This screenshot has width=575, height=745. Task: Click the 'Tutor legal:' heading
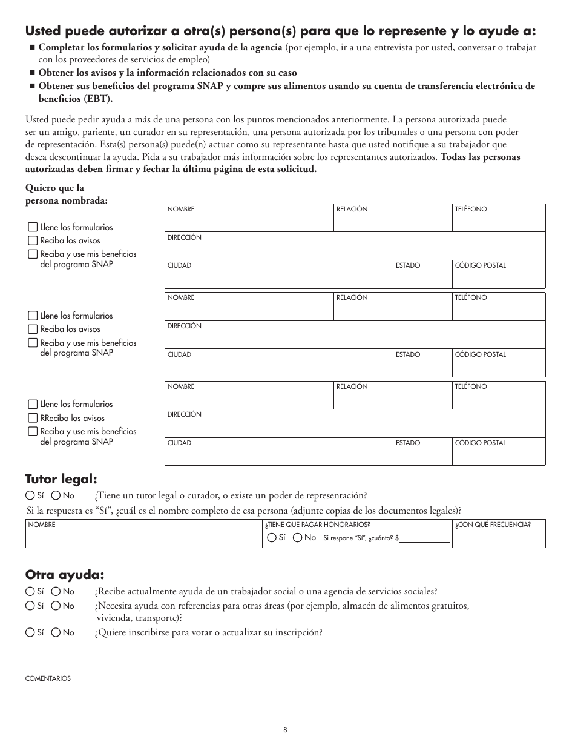point(61,479)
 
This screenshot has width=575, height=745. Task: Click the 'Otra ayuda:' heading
point(65,574)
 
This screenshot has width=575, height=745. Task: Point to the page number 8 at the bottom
point(287,730)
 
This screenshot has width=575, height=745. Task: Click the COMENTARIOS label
point(48,678)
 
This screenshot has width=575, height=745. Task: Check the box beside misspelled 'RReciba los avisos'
point(33,418)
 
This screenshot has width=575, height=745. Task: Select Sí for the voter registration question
point(30,632)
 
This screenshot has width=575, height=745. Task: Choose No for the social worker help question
point(56,591)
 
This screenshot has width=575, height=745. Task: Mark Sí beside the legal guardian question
point(30,495)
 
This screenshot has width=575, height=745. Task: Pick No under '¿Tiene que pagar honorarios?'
point(297,538)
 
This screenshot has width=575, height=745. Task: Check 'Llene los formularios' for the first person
point(33,227)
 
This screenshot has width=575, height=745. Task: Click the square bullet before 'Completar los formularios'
point(32,47)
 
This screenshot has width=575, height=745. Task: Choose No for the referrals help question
point(56,606)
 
